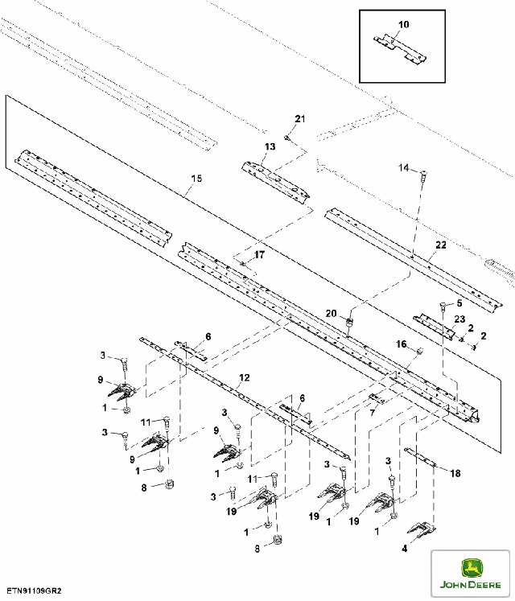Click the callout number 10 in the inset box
click(403, 25)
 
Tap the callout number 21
click(300, 120)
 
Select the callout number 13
click(270, 146)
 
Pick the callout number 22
click(440, 245)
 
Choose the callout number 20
click(331, 313)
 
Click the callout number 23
click(459, 319)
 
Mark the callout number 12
click(245, 377)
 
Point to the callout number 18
click(455, 473)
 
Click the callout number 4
click(405, 549)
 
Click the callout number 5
click(459, 303)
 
